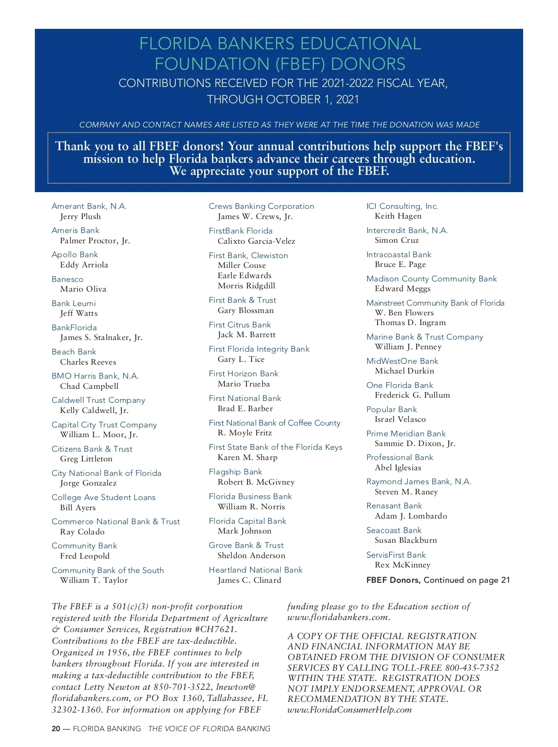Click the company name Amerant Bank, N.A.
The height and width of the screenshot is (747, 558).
coord(89,206)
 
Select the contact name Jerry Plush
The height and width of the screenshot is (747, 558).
coord(80,216)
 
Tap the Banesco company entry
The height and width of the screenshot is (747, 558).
coord(67,279)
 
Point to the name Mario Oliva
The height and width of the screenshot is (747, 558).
coord(83,289)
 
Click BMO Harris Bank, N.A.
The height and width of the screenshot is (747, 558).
coord(95,376)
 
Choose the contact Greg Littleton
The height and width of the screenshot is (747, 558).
coord(86,459)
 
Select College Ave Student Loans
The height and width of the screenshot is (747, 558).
coord(104,497)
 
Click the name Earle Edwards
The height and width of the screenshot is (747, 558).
coord(245,275)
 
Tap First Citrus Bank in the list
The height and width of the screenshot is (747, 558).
coord(240,325)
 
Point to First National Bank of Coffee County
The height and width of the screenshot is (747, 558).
coord(274,423)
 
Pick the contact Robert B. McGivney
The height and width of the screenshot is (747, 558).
coord(256,482)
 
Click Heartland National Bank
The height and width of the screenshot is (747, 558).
coord(256,570)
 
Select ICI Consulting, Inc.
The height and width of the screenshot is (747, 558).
coord(402,206)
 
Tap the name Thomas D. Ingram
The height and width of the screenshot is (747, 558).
coord(410,322)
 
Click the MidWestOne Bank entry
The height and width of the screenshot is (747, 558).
coord(402,361)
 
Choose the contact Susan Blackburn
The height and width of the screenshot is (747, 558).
coord(406,540)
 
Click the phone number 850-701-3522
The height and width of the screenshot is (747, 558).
coord(182,687)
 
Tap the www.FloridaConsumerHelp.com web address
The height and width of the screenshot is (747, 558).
coord(350,710)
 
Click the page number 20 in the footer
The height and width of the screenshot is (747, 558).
coord(56,729)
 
